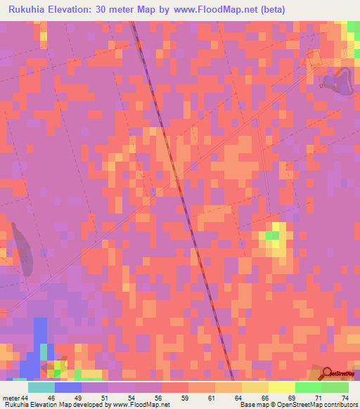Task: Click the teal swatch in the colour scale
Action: point(41,387)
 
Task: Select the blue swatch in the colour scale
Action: point(67,387)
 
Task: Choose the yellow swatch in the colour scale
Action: point(281,387)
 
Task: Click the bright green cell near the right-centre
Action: point(272,235)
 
